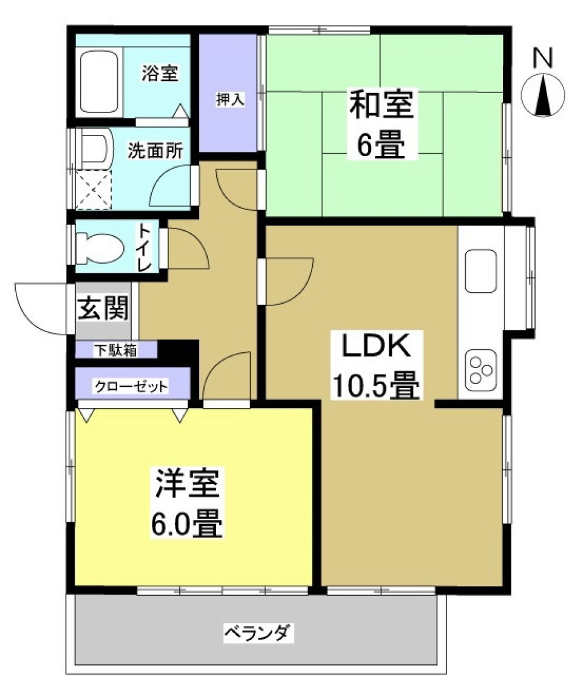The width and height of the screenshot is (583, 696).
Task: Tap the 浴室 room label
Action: [160, 75]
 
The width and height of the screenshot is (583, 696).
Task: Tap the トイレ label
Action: [145, 248]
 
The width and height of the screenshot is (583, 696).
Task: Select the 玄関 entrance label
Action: [103, 309]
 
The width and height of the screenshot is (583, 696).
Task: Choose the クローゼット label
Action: [130, 387]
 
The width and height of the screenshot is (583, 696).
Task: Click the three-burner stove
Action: [481, 371]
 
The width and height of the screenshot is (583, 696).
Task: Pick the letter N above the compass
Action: [542, 58]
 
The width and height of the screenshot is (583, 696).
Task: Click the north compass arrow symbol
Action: [543, 94]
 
